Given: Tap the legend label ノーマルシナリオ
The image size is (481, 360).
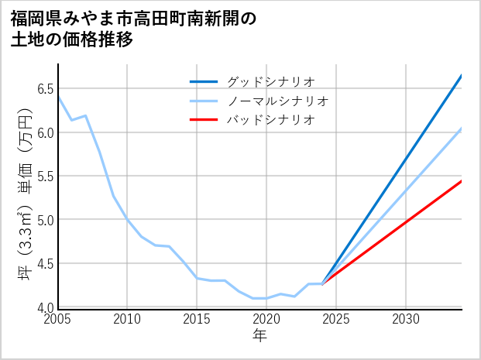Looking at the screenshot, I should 277,101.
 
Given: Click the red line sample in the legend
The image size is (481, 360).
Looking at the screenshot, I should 204,120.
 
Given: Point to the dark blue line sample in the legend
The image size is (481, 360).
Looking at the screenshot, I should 204,81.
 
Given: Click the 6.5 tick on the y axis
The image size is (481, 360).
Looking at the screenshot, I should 43,88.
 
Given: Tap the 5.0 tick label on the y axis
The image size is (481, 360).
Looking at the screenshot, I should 43,220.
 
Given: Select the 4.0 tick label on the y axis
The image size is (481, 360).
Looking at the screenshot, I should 43,307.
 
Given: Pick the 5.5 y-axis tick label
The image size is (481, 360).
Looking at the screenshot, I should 43,176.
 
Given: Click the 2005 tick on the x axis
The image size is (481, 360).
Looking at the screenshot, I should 57,319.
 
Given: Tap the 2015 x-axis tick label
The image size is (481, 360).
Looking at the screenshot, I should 197,319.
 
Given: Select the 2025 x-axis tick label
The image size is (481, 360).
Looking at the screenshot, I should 336,319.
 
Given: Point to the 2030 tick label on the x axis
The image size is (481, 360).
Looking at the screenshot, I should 406,319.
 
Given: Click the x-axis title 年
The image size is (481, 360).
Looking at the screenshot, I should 259,336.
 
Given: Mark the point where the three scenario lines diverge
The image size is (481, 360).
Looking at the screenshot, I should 322,284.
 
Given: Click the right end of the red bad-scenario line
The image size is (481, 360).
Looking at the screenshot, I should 462,181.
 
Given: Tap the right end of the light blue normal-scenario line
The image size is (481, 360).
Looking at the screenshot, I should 462,129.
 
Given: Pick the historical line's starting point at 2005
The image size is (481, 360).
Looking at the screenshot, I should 58,96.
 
